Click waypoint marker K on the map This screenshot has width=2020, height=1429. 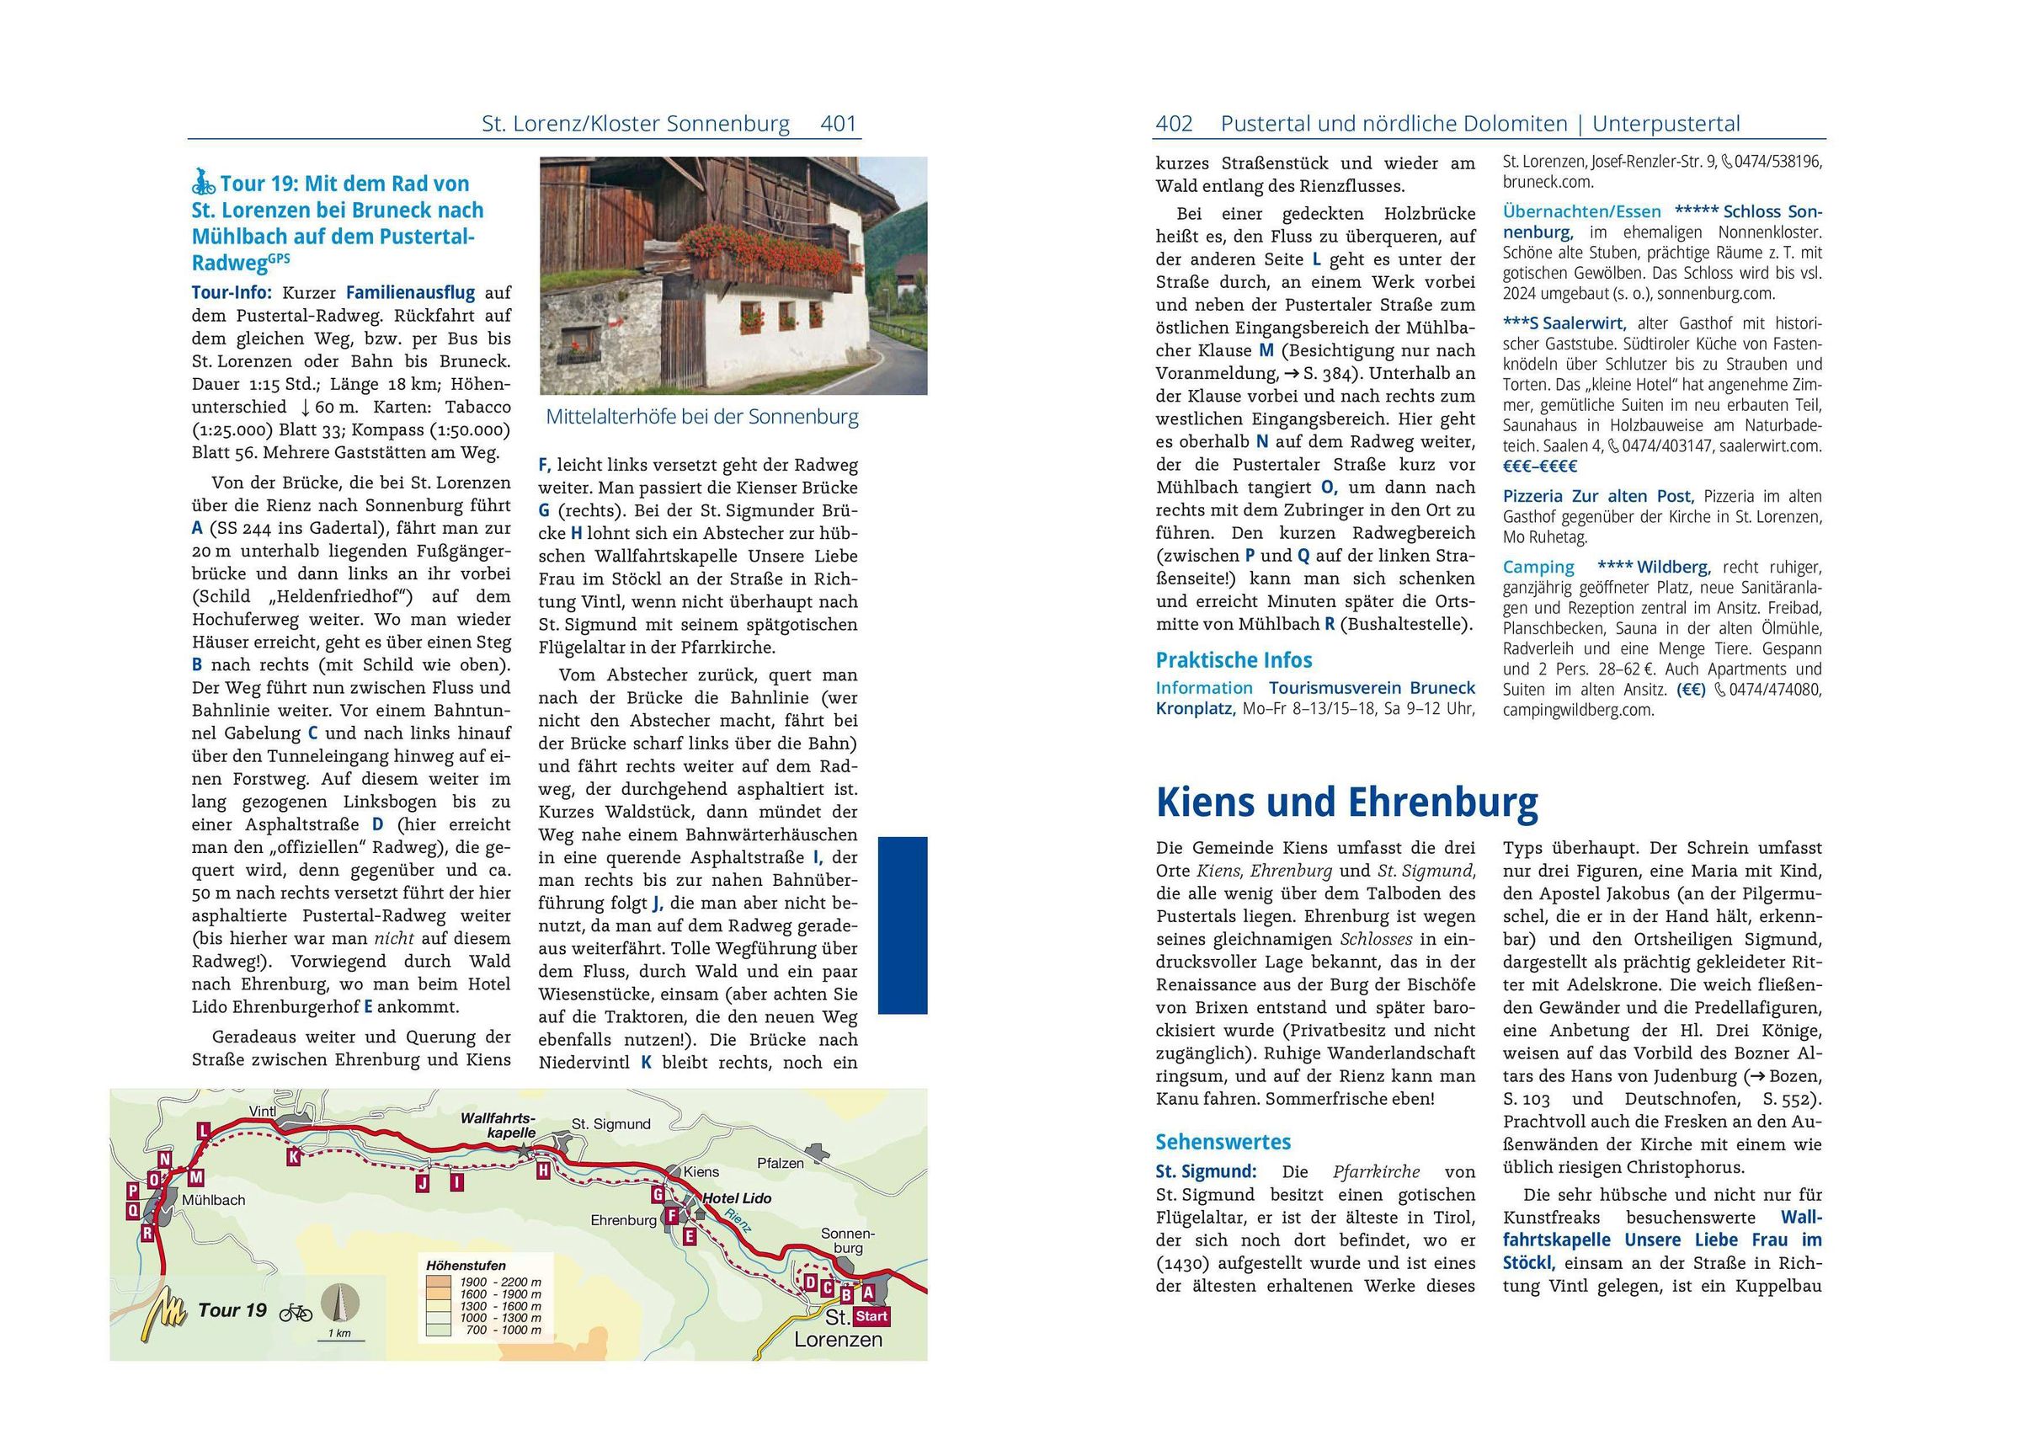point(294,1157)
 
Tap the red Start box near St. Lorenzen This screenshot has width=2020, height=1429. point(871,1316)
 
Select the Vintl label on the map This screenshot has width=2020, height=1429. point(263,1112)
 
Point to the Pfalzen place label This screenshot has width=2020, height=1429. point(781,1163)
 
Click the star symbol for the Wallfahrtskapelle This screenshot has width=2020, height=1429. point(525,1151)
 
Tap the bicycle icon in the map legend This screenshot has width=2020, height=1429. point(296,1313)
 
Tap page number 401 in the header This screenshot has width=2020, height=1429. point(838,124)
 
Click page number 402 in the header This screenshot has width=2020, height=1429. point(1174,124)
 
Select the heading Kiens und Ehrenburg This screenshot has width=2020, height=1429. point(1346,802)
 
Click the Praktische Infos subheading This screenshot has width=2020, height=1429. point(1234,660)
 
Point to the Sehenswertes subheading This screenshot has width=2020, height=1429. point(1223,1142)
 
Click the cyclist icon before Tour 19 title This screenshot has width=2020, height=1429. point(203,182)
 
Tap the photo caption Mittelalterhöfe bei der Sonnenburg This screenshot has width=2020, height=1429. point(702,416)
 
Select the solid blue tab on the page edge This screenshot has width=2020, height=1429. point(903,925)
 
